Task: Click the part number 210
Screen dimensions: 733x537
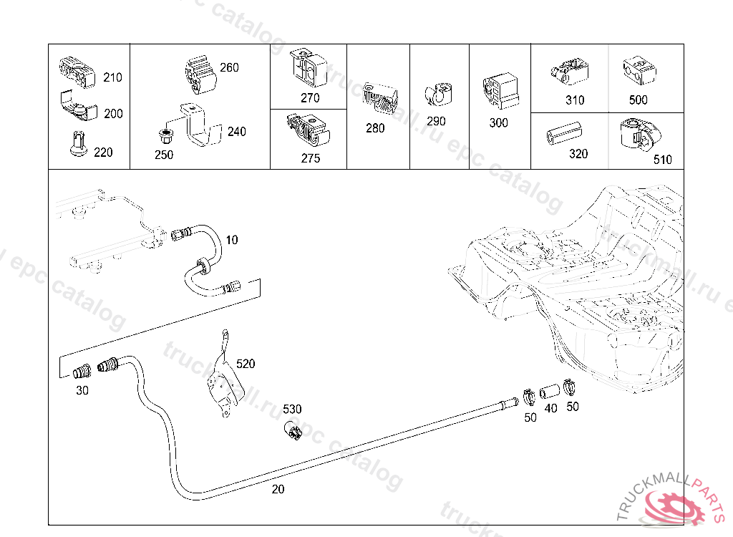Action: (112, 77)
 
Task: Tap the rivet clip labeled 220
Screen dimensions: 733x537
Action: (79, 144)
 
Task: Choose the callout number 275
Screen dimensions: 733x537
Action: (311, 158)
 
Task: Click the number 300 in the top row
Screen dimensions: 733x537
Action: (498, 122)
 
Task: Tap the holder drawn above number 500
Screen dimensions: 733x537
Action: (639, 71)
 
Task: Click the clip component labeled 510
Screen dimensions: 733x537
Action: (639, 135)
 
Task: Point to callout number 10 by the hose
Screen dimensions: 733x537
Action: (232, 240)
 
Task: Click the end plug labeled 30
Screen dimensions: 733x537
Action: (83, 372)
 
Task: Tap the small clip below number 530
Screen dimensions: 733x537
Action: (293, 430)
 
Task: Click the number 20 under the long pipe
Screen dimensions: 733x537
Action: (278, 489)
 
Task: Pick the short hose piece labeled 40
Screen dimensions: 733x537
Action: (550, 391)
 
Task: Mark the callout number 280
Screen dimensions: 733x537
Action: (375, 128)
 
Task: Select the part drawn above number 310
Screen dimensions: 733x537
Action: (569, 72)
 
